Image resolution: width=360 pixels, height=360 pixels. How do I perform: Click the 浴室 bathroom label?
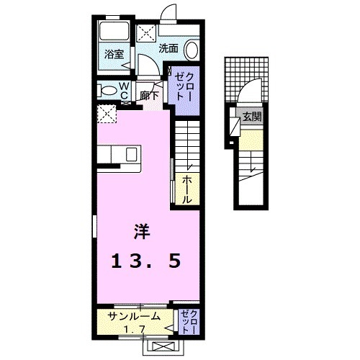tap(114, 53)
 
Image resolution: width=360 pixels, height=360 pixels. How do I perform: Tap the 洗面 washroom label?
tap(168, 49)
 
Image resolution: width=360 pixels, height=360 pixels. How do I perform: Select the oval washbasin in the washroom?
tap(192, 50)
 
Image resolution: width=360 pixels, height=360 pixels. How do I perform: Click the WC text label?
tap(123, 90)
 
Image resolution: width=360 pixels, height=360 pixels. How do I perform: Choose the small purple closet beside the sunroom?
tap(189, 321)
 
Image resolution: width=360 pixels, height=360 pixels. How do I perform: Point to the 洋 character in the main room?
tap(142, 232)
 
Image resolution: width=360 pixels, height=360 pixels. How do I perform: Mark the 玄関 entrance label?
tap(252, 117)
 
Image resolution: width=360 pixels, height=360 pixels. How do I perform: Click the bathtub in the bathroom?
tap(113, 33)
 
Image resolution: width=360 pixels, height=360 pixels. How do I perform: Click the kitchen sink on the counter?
tap(132, 154)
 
